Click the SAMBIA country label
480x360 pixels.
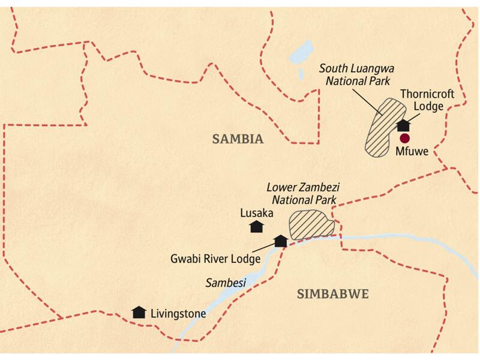(x=238, y=139)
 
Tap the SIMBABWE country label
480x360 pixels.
(x=332, y=293)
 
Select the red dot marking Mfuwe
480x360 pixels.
(x=404, y=138)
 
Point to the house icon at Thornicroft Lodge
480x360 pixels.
(x=404, y=125)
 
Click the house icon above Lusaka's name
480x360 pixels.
(x=257, y=226)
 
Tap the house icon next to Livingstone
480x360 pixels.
(x=139, y=312)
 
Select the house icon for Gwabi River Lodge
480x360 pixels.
(x=280, y=241)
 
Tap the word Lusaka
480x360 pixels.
(x=257, y=212)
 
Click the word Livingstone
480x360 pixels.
(x=178, y=313)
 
